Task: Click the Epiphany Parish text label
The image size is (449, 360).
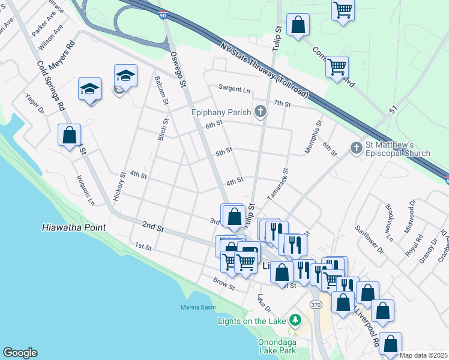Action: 221,112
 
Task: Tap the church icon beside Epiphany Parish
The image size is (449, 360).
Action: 260,111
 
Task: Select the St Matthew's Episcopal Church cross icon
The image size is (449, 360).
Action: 356,148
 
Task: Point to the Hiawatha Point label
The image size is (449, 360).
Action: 74,227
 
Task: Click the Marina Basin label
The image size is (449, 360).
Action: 198,308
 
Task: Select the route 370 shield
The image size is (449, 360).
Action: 316,305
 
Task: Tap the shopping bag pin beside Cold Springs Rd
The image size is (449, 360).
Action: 70,135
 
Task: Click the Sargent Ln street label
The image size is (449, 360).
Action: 234,89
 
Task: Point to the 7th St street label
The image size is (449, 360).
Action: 282,104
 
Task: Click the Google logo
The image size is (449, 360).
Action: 20,353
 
